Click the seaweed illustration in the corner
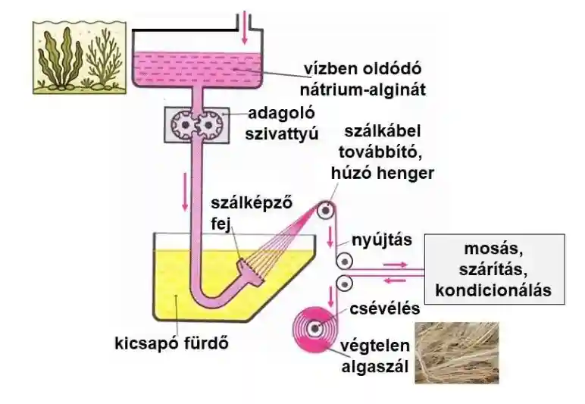76,57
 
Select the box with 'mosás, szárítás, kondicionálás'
494,269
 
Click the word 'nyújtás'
381,241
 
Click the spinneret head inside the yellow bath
248,268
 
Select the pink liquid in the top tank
197,68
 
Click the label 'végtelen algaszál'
377,358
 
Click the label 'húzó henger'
382,174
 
